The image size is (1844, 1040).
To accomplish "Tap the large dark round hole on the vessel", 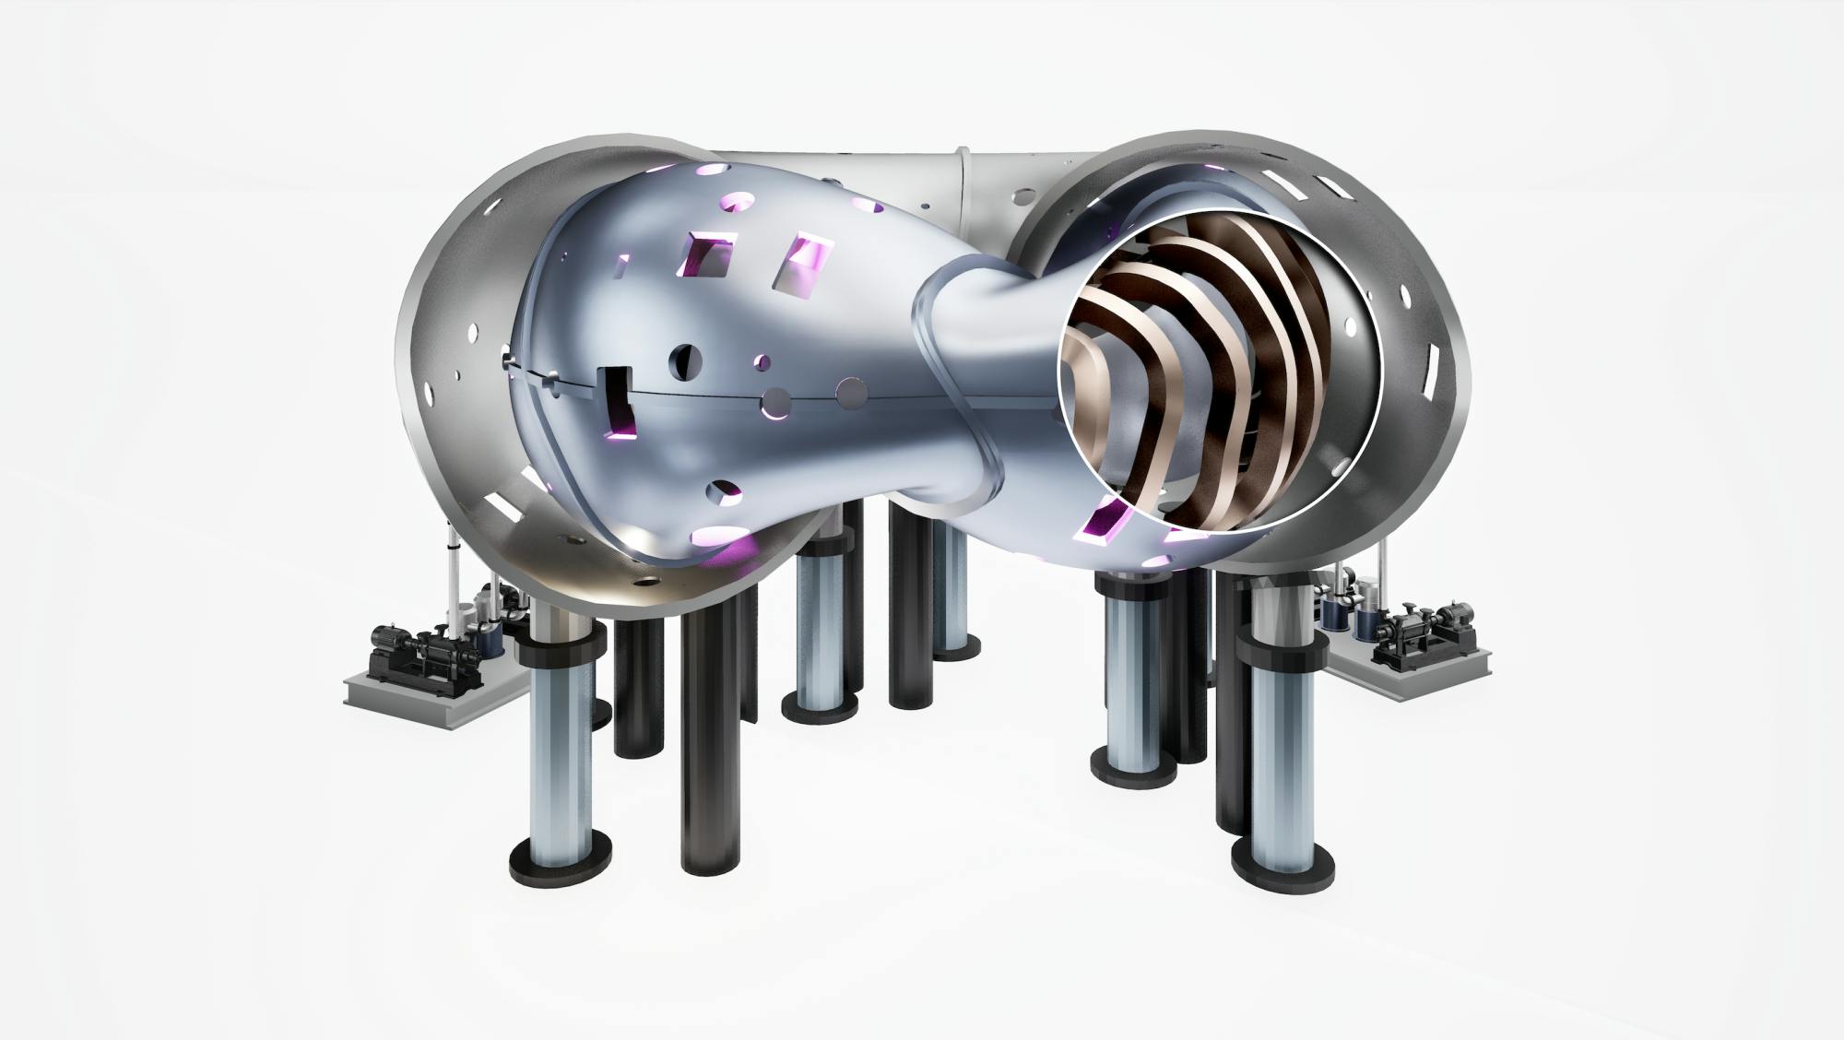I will tap(685, 361).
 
